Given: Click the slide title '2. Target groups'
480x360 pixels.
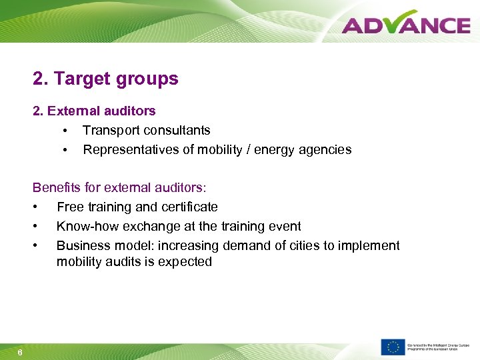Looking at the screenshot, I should tap(105, 79).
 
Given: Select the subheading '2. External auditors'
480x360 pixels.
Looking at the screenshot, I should tap(94, 111).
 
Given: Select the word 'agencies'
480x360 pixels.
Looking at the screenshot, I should tap(325, 149).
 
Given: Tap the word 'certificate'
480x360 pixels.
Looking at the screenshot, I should tap(188, 207).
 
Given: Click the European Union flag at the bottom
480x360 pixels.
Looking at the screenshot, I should tap(393, 347).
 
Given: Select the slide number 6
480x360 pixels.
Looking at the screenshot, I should tap(20, 353).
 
